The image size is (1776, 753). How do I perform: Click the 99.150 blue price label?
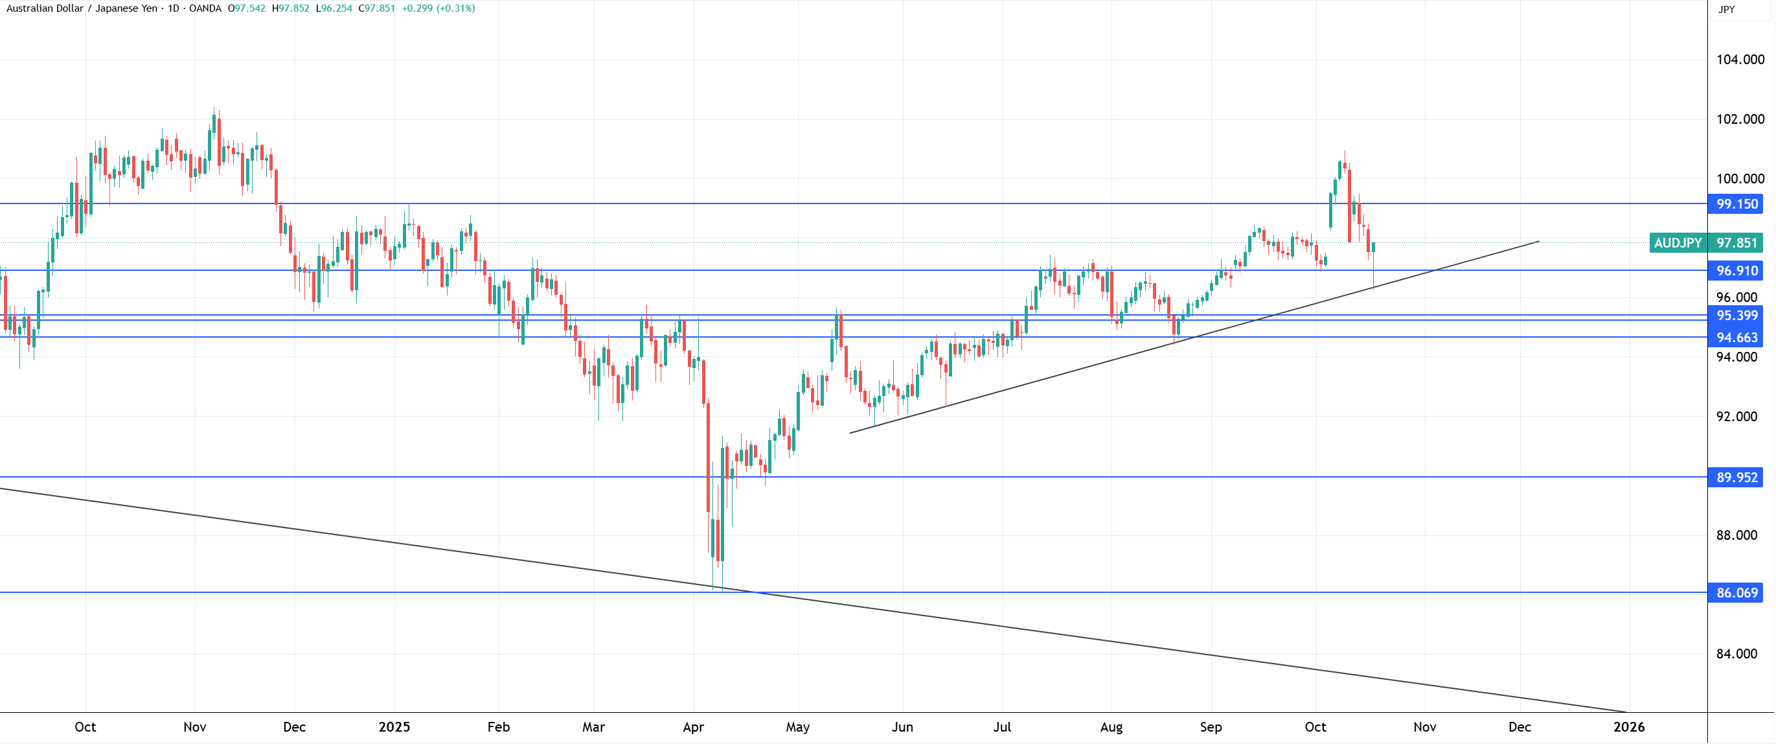[x=1735, y=204]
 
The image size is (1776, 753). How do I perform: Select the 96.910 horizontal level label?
[x=1735, y=271]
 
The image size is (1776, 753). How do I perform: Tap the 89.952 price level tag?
[x=1735, y=478]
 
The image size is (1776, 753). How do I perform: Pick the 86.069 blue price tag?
[x=1735, y=593]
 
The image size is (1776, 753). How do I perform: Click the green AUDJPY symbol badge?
[x=1678, y=243]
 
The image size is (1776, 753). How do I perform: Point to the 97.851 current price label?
[x=1735, y=243]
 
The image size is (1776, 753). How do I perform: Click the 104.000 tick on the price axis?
[x=1740, y=60]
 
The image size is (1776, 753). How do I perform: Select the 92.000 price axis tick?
[x=1736, y=417]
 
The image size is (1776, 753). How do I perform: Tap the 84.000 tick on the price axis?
[x=1736, y=654]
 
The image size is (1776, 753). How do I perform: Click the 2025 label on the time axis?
[x=394, y=727]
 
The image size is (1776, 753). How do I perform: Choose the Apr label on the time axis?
[x=693, y=727]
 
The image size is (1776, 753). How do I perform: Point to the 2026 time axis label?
[x=1628, y=727]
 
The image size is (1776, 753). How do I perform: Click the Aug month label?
[x=1111, y=727]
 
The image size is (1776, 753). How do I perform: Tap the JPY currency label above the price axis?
[x=1726, y=9]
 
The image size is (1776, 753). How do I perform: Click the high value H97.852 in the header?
[x=290, y=8]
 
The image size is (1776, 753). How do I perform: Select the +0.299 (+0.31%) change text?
[x=438, y=8]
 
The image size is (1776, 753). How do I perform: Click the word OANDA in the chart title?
[x=205, y=8]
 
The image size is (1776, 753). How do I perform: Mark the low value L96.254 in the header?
[x=334, y=8]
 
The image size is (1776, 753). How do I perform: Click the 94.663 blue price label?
[x=1735, y=338]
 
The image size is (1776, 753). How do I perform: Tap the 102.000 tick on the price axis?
[x=1740, y=119]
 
